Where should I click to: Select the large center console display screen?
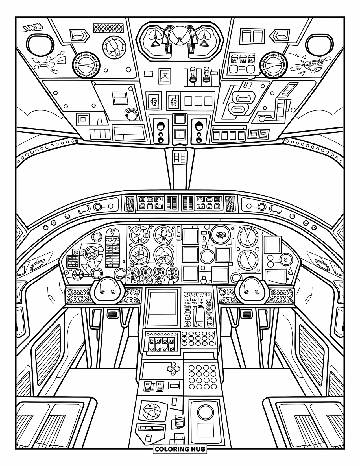(162, 306)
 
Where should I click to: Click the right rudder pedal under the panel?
(247, 314)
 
